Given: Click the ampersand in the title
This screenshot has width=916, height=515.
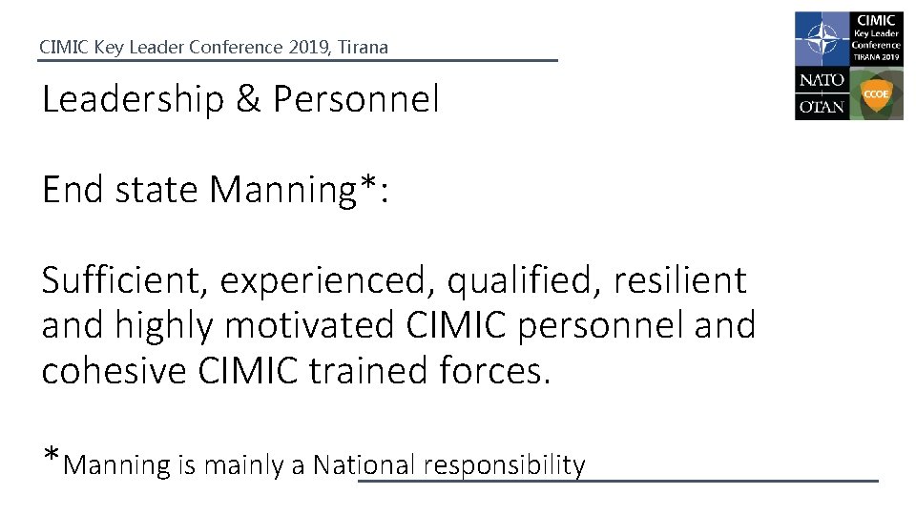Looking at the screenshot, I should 247,99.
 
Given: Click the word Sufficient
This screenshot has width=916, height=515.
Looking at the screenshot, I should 126,281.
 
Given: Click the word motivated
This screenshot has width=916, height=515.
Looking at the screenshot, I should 305,326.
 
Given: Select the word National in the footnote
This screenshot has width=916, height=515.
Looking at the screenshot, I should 364,465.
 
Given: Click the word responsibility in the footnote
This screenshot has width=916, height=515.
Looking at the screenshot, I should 504,466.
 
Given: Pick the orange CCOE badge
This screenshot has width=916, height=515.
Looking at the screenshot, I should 876,93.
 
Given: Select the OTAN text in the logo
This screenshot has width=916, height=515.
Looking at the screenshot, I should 821,106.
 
